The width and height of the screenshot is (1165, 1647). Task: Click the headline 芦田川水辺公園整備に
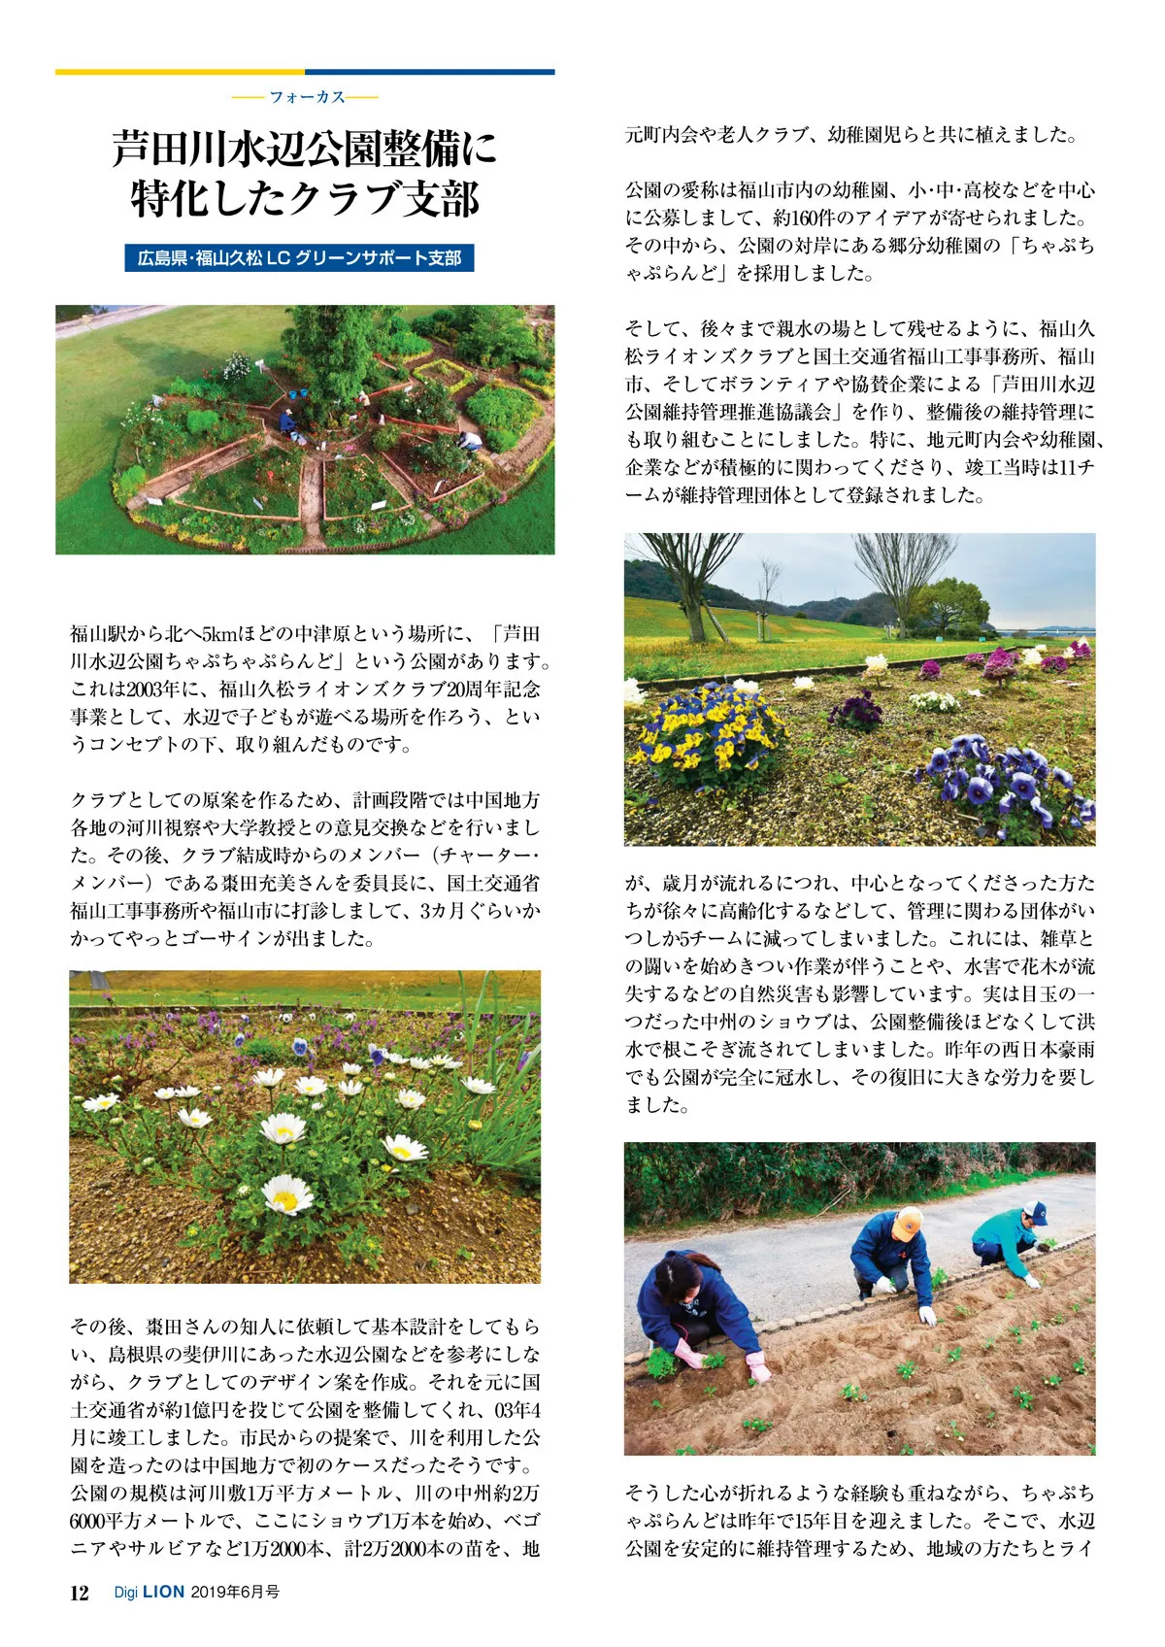305,151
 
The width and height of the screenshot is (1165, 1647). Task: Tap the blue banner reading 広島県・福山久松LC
299,258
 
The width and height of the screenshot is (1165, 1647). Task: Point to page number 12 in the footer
80,1593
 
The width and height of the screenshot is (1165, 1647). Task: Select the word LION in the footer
163,1593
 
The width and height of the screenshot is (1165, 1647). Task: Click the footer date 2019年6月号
235,1593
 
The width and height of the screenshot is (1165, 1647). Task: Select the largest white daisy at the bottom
287,1194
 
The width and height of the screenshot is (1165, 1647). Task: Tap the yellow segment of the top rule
180,72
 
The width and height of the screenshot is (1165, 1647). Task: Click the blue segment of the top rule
430,72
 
